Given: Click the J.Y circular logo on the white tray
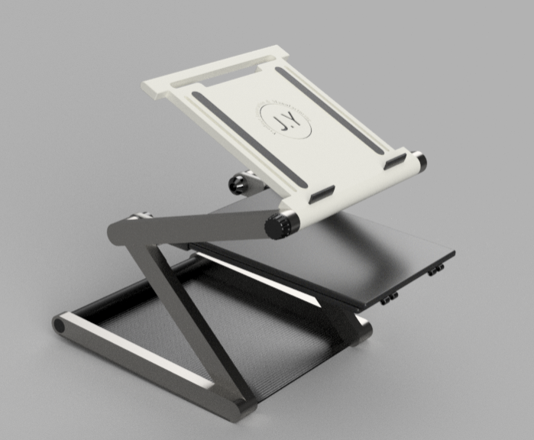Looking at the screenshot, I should pyautogui.click(x=286, y=121).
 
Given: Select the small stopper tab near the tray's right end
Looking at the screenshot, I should pyautogui.click(x=395, y=161).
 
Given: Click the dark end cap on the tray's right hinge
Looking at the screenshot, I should pyautogui.click(x=420, y=163).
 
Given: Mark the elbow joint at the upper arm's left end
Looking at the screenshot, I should pyautogui.click(x=123, y=231).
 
